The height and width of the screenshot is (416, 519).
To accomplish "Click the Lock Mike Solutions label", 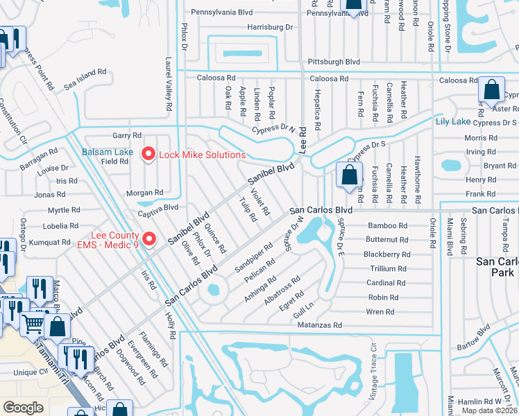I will click(202, 154).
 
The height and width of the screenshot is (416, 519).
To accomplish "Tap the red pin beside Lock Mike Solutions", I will click(148, 154).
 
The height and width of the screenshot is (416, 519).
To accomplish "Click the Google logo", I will click(23, 408).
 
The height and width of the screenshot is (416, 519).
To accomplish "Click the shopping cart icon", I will click(33, 322).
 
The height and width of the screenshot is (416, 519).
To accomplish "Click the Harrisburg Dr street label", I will click(271, 28).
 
